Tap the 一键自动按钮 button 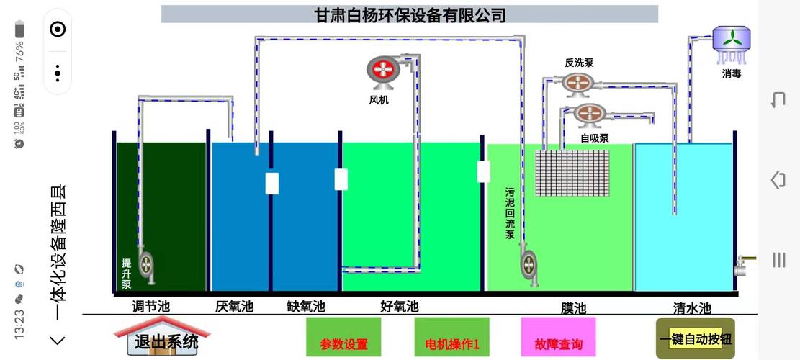coord(695,338)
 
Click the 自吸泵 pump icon coord(589,114)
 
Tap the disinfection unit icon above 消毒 coord(732,39)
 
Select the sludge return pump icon coord(530,263)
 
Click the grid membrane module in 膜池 coord(572,173)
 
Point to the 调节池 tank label coord(150,307)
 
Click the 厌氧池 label coord(234,307)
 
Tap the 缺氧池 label coord(305,307)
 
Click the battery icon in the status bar coord(19,30)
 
